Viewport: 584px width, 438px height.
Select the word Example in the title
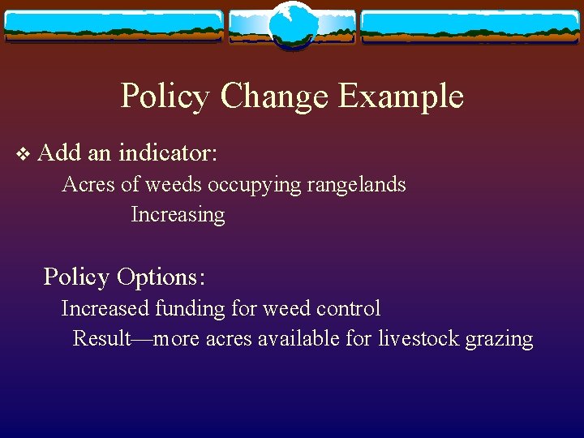pos(401,97)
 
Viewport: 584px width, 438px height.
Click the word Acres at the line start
pos(88,185)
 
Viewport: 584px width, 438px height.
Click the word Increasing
pos(178,215)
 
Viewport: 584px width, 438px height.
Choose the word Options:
pos(161,277)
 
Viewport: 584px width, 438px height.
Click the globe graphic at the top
pos(292,26)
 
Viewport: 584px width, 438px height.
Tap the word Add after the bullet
pos(57,152)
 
